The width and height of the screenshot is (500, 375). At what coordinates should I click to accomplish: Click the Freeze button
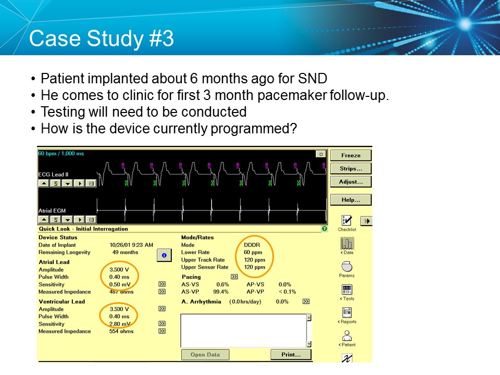point(351,155)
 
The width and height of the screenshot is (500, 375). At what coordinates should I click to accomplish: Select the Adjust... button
point(351,182)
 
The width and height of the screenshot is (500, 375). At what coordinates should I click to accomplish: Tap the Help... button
point(351,199)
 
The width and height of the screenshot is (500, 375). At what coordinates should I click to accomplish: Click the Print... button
point(291,355)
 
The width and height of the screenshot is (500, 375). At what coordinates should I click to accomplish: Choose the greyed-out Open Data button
point(205,355)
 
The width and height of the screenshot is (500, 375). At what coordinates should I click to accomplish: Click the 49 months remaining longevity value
point(126,252)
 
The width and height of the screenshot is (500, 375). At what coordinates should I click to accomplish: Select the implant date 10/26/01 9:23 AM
point(131,245)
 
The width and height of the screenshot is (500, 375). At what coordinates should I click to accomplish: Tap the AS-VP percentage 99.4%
point(221,292)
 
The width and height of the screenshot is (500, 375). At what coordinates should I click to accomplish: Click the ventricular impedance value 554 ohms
point(122,331)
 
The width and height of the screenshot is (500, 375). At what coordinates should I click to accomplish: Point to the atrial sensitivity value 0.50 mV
point(120,284)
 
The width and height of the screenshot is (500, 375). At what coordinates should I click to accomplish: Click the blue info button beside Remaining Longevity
point(164,255)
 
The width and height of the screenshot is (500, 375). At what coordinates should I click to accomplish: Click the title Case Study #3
point(102,40)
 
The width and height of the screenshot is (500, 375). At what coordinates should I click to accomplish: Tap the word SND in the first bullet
point(312,79)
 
